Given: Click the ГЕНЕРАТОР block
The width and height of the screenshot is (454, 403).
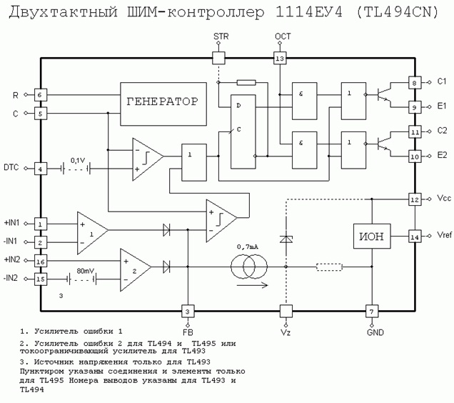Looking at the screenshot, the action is [163, 104].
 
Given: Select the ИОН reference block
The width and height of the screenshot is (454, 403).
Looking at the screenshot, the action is [372, 236].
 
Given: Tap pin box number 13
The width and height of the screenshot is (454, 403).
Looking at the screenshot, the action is [280, 59].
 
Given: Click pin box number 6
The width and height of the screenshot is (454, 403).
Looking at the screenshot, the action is [40, 95].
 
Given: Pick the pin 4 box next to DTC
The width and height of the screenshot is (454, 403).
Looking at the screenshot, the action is [40, 169].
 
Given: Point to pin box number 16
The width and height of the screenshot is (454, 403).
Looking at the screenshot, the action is [41, 262].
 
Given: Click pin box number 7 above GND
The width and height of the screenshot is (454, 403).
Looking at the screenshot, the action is [372, 312].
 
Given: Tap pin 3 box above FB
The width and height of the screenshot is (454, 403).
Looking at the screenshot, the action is [188, 312].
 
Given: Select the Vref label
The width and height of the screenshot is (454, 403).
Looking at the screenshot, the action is [444, 235].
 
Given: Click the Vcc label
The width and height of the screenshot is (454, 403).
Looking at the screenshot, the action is [444, 198].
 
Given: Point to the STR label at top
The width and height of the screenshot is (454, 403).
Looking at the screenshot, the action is [221, 36].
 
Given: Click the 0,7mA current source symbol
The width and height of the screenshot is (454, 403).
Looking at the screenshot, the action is [249, 266].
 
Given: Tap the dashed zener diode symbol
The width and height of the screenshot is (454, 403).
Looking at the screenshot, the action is [286, 239].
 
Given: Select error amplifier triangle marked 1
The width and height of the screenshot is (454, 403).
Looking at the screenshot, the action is [93, 233].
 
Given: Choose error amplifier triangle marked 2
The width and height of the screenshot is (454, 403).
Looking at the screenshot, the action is [136, 269].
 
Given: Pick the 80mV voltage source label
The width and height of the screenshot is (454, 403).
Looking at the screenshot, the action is [85, 271].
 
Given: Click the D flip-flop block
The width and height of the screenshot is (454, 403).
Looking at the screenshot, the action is [243, 131].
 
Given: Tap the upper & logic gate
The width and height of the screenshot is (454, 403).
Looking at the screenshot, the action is [304, 101].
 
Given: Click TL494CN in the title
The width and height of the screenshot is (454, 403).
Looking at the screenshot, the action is [397, 12].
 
